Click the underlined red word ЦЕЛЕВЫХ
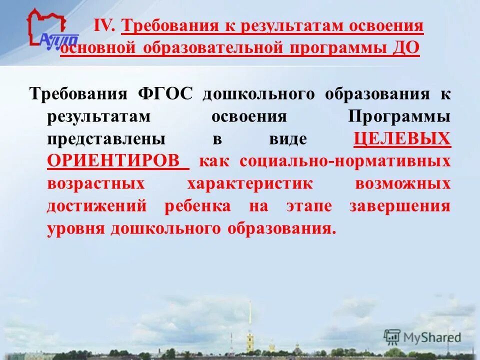click(402, 138)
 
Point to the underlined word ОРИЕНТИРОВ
click(113, 161)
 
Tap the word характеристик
click(250, 183)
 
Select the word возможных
click(403, 183)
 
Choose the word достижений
click(97, 206)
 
